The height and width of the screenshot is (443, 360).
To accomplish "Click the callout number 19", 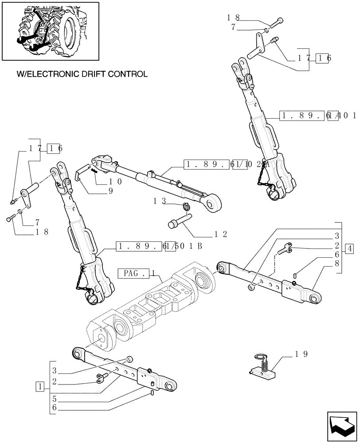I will coord(302,354).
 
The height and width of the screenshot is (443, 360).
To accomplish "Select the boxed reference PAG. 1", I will coord(134,273).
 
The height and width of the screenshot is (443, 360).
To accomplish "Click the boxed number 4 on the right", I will coord(349,248).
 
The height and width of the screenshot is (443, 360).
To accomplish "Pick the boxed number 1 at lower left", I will coord(40,385).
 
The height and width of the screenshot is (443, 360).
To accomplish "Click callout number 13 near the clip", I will coord(159,200).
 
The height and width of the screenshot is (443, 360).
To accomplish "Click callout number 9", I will coord(110,190).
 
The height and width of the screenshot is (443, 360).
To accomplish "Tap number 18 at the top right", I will coord(233,17).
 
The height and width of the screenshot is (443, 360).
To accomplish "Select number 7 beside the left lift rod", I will coord(38,222).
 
